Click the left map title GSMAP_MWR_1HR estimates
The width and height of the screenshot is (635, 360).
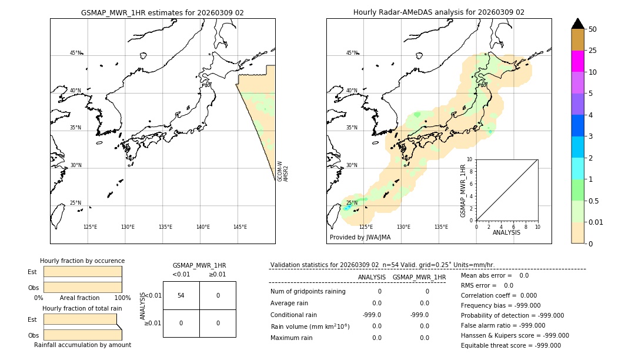point(162,12)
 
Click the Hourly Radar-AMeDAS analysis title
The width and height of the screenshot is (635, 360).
point(439,12)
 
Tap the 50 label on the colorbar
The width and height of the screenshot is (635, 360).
point(593,29)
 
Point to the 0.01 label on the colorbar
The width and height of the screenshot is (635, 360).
point(596,222)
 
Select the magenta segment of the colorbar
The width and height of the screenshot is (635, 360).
point(577,61)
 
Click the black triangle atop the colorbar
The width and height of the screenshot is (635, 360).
point(577,24)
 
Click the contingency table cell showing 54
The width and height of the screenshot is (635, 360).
point(181,295)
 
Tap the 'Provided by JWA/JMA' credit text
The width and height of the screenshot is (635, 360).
point(360,237)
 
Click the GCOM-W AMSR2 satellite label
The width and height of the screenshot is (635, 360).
point(283,171)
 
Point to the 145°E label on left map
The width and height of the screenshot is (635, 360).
point(240,227)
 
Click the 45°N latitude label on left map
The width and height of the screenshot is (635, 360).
point(76,53)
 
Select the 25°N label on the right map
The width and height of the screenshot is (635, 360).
point(351,203)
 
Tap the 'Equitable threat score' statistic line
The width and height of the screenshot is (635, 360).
point(510,345)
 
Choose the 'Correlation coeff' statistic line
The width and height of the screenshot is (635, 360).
point(494,295)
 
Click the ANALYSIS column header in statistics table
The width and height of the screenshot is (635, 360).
point(372,277)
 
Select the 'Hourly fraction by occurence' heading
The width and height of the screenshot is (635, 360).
point(82,261)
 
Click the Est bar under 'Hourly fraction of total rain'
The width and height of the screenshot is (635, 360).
point(80,319)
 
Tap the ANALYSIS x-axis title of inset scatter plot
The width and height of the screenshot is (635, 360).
point(506,232)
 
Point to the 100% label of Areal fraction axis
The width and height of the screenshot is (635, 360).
point(122,298)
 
